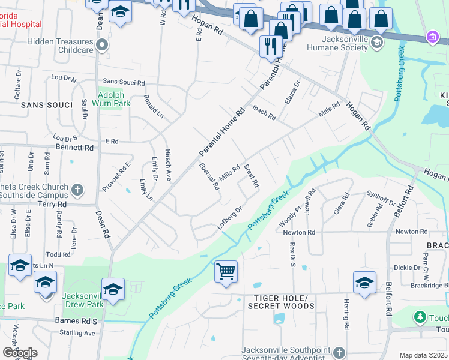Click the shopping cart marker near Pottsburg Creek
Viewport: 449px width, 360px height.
coord(226,272)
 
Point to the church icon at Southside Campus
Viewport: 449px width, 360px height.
coord(77,190)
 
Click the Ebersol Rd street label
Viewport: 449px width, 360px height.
coord(209,177)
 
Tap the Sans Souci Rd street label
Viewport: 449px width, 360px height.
coord(124,82)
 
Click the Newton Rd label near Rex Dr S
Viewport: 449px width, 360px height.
coord(303,232)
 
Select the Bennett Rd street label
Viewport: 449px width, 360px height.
coord(74,147)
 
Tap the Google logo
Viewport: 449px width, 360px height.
coord(20,353)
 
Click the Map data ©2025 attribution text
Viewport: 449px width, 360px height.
coord(423,355)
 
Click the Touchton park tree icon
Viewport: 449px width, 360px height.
coord(421,317)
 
